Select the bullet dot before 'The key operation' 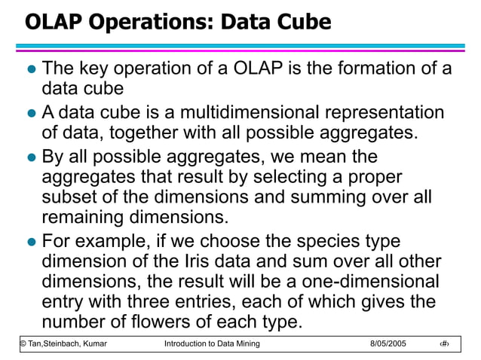31,69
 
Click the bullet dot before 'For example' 31,243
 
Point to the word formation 372,69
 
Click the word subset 67,198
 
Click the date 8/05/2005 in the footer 388,343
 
